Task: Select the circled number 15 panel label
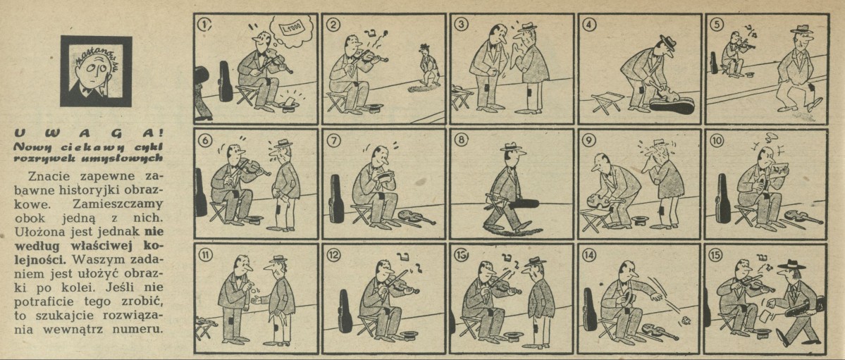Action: pyautogui.click(x=717, y=254)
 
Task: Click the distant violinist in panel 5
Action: pyautogui.click(x=734, y=53)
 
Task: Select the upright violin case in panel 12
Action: pyautogui.click(x=345, y=311)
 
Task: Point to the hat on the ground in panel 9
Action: pyautogui.click(x=640, y=221)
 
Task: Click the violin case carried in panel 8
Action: pyautogui.click(x=515, y=203)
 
